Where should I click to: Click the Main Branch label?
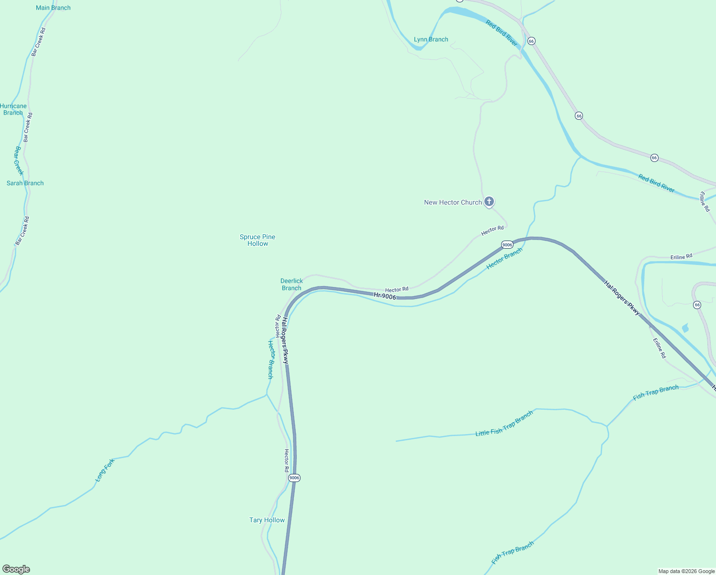(x=53, y=8)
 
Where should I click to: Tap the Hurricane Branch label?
(x=13, y=109)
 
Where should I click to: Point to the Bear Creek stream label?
(x=18, y=161)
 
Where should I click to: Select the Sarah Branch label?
(x=25, y=183)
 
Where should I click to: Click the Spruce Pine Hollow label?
(x=257, y=240)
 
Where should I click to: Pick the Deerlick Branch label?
(x=291, y=285)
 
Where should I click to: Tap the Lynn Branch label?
(x=431, y=39)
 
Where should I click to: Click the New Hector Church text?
(x=453, y=202)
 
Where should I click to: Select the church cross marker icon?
(x=489, y=202)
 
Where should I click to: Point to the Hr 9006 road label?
(x=385, y=296)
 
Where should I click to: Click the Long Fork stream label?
(x=105, y=470)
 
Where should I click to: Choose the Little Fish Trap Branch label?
(x=504, y=424)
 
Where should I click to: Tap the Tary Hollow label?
(x=267, y=520)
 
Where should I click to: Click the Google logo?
(x=16, y=569)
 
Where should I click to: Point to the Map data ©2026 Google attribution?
(x=686, y=571)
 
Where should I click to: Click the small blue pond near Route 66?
(x=685, y=328)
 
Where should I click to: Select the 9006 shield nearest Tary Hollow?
(x=294, y=478)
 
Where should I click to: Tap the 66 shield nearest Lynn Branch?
(x=531, y=41)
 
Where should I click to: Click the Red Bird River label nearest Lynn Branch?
(x=502, y=33)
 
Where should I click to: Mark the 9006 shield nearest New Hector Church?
(x=507, y=245)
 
